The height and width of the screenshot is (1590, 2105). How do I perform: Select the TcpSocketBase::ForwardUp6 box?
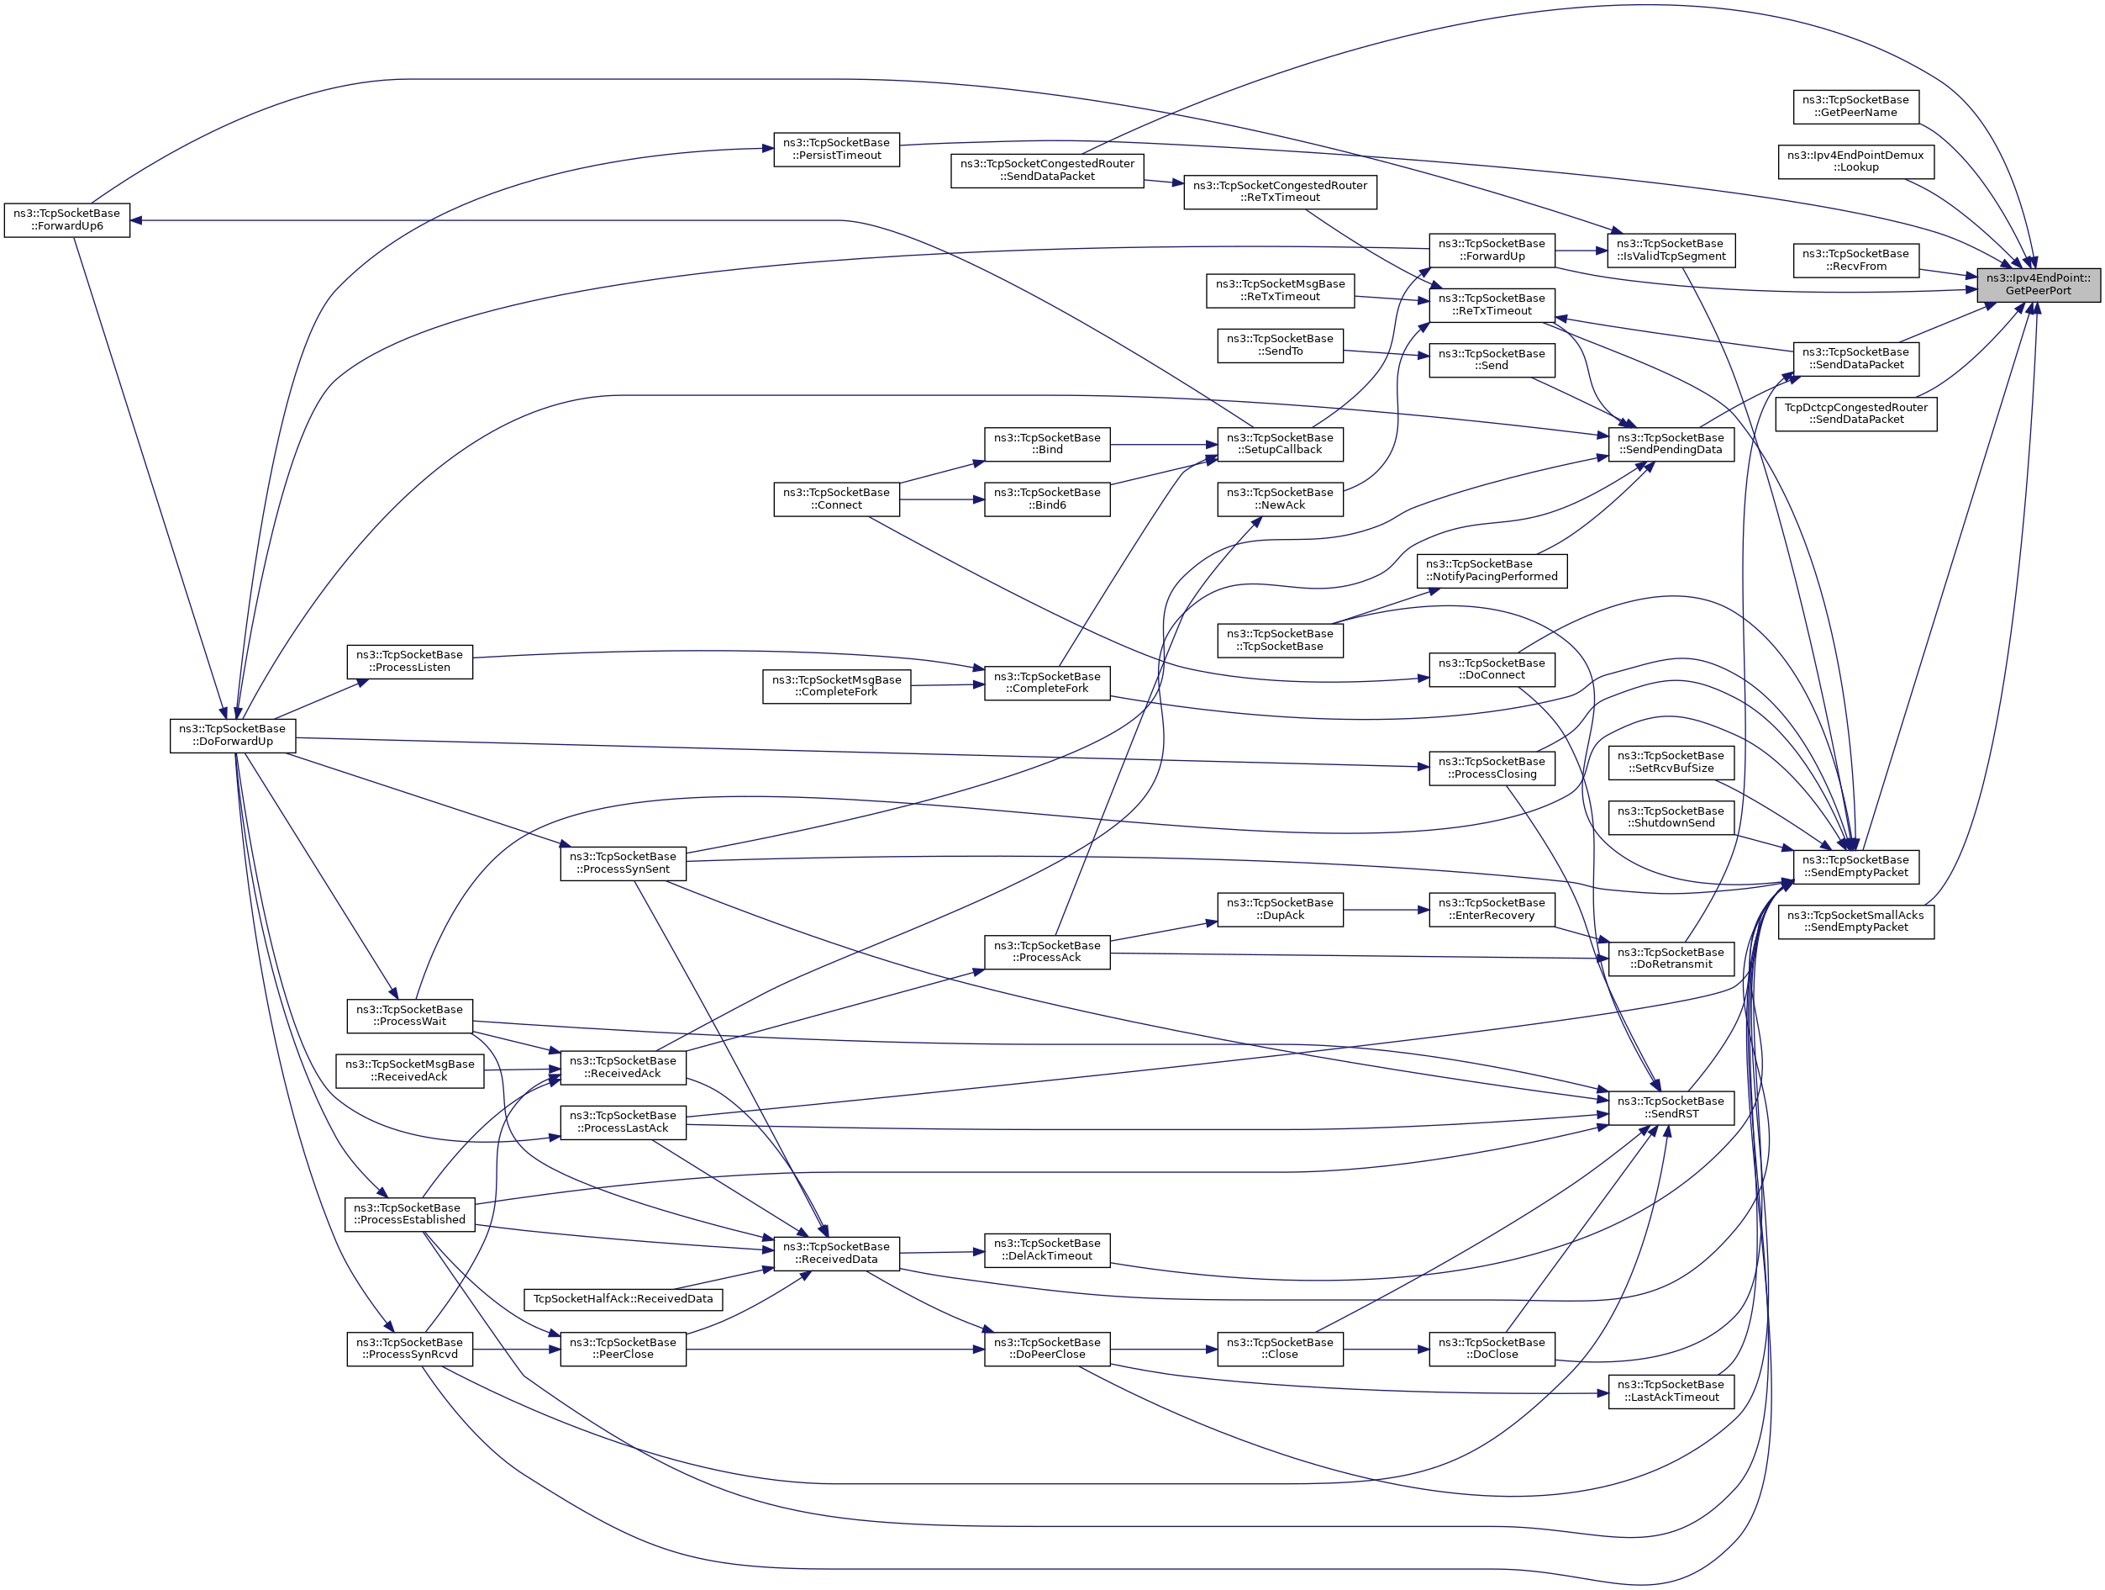click(66, 220)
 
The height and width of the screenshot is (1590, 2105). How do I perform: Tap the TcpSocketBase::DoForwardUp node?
click(233, 735)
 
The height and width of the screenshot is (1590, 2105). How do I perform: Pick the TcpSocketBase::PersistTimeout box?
click(835, 150)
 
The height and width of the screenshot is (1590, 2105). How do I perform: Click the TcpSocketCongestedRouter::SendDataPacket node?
click(1047, 171)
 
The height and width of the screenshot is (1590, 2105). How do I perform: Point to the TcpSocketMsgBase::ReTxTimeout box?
click(1280, 290)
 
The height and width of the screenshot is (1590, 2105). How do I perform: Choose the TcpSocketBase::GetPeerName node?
click(1855, 106)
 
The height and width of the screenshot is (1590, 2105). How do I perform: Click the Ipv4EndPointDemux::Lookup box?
click(1855, 161)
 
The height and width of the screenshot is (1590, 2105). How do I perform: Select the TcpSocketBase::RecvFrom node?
click(1855, 260)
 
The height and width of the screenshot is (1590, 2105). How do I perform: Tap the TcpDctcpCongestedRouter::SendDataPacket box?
click(1855, 413)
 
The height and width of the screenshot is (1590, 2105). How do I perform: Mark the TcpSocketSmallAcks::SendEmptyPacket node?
click(1855, 922)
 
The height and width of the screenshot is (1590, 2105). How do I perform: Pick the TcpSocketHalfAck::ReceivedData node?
click(623, 1299)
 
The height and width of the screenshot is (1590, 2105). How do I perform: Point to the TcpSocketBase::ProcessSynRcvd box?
click(409, 1348)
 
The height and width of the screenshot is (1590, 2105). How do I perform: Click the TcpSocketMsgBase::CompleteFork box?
click(835, 686)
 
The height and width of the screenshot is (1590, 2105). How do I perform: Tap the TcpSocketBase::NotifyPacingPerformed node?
click(1492, 570)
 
